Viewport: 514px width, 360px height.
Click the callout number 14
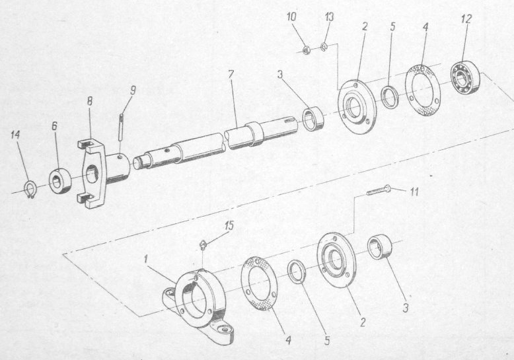15,135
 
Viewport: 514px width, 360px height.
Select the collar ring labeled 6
60,180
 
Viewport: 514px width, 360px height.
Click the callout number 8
89,101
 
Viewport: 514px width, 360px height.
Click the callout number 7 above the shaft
231,75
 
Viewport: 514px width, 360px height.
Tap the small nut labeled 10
306,50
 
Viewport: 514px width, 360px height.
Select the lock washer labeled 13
324,47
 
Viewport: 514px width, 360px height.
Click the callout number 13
330,17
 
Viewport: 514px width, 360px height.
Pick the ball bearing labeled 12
465,78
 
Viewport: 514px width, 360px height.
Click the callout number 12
466,19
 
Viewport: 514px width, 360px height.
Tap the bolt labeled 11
379,190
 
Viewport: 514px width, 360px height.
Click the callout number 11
414,192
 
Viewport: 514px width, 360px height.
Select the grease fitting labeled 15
203,245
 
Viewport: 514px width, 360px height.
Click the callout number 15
229,225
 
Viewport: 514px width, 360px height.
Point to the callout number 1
146,260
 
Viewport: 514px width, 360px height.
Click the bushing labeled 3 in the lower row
380,247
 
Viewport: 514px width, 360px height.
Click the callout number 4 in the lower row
288,341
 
